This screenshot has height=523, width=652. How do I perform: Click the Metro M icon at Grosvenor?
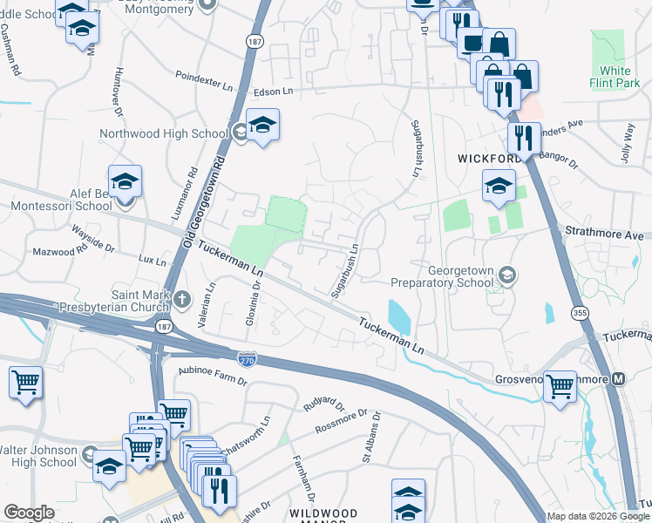click(x=619, y=379)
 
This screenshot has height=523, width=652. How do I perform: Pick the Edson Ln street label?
click(x=274, y=91)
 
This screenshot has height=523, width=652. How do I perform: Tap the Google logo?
click(x=29, y=513)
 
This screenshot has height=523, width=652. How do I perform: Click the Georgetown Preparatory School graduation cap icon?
click(x=506, y=276)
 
